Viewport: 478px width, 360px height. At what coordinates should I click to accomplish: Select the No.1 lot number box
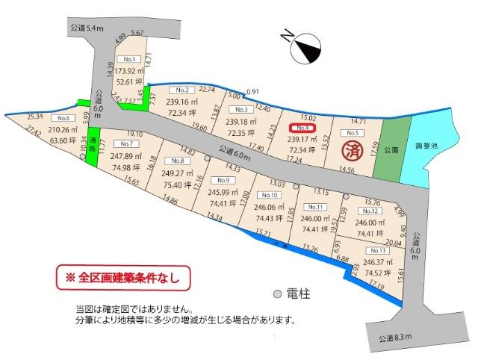pyautogui.click(x=130, y=58)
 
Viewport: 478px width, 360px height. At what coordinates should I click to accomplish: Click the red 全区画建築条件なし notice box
pyautogui.click(x=119, y=278)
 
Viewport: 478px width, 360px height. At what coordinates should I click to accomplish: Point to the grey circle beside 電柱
pyautogui.click(x=276, y=294)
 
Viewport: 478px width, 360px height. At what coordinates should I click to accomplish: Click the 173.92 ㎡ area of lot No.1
pyautogui.click(x=130, y=71)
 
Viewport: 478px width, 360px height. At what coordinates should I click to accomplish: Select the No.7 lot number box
pyautogui.click(x=125, y=143)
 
